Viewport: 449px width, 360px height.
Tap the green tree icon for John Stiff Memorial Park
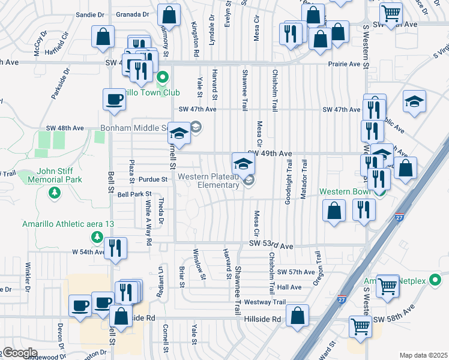55,192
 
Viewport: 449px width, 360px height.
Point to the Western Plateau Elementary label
208,181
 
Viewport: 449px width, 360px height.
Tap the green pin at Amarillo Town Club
162,78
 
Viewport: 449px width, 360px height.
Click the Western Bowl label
344,192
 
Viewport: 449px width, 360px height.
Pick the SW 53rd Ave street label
271,246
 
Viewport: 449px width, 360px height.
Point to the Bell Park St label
134,194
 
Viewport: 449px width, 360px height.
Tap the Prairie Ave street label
344,64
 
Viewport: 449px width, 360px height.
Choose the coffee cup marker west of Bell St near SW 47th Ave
114,100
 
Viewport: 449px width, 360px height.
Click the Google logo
19,353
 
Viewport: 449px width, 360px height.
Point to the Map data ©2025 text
423,355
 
